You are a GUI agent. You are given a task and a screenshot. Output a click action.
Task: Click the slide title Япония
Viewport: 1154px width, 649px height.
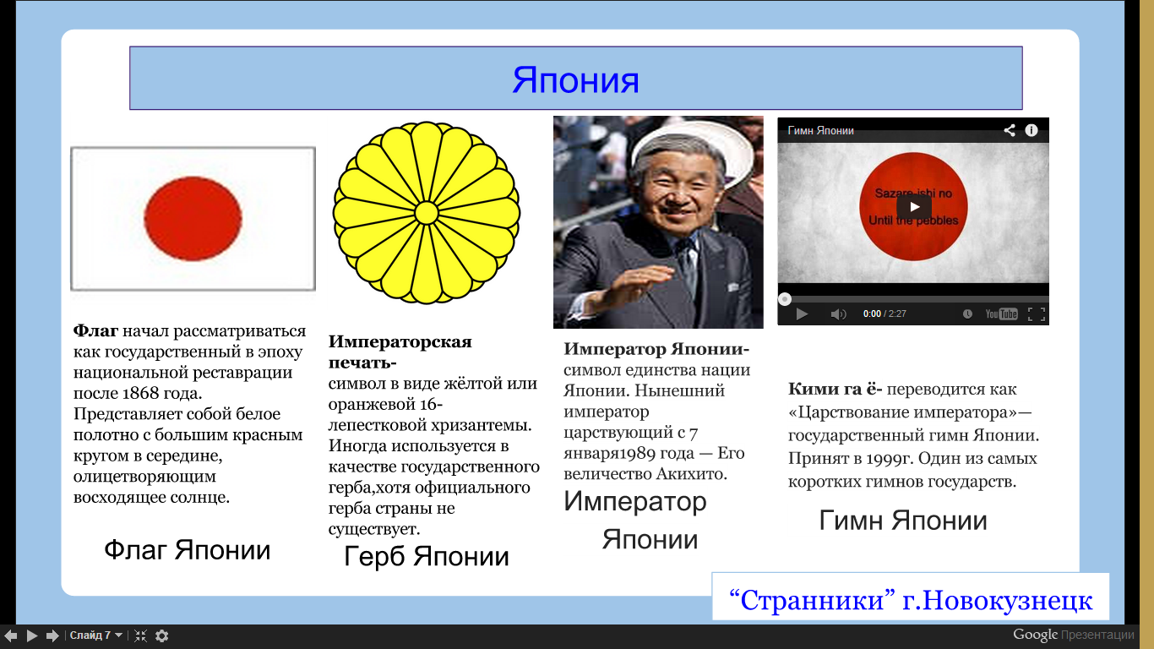575,80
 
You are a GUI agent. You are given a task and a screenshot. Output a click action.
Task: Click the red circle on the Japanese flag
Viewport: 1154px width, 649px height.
193,219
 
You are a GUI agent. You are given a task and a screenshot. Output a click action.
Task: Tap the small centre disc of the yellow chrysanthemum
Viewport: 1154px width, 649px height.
426,213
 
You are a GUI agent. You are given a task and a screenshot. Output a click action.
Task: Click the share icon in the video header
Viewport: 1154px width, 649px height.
1010,130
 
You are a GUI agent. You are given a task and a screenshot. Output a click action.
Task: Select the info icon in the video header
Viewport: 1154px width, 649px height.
1032,130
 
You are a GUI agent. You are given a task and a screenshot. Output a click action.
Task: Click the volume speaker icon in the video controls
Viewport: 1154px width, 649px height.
838,314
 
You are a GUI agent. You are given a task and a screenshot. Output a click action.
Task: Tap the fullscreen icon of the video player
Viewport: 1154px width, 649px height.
1036,314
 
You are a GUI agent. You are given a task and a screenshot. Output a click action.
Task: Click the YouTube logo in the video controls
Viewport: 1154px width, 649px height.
1001,314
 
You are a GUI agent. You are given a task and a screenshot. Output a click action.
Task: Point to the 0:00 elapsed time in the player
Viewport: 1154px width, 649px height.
872,314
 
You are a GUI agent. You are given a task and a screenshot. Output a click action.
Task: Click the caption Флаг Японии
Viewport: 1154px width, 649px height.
187,550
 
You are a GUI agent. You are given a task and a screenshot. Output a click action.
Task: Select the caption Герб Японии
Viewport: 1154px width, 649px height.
426,556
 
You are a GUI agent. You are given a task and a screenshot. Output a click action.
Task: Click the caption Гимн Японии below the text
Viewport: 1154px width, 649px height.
902,520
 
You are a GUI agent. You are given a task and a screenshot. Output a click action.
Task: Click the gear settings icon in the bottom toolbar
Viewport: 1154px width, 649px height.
161,635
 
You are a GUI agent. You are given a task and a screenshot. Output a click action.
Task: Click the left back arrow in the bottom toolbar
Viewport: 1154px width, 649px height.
11,635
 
